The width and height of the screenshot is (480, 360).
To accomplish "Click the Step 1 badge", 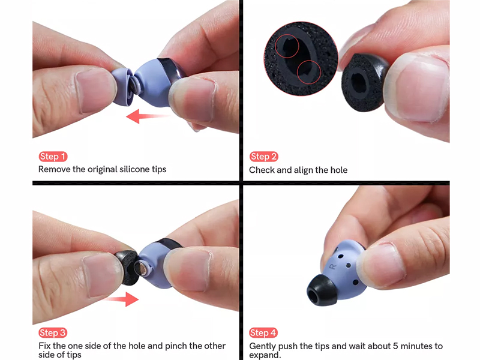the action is tap(53, 157).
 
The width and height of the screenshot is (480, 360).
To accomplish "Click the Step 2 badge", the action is tap(263, 157).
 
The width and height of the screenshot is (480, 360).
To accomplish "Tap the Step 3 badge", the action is tap(53, 333).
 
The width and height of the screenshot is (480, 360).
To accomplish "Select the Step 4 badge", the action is tap(263, 332).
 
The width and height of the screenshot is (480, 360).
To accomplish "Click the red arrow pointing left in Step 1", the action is tap(148, 116).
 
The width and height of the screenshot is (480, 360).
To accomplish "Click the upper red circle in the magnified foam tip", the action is tap(287, 46).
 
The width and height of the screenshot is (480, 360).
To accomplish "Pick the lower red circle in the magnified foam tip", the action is tap(308, 72).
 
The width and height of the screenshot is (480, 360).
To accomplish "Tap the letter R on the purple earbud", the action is tap(332, 266).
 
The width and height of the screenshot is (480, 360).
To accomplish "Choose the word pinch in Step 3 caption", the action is tap(176, 346).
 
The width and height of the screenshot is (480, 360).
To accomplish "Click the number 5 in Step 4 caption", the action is tap(396, 346).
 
